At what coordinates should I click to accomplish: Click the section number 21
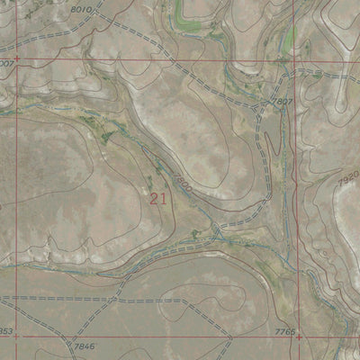tap(159, 198)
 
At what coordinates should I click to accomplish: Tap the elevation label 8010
tap(80, 9)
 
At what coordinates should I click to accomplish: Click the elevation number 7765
tap(284, 332)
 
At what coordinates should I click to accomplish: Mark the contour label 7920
tap(349, 181)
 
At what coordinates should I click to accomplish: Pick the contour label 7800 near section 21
tap(182, 188)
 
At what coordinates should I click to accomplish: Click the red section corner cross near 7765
tap(298, 337)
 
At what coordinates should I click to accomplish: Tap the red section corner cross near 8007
tap(16, 59)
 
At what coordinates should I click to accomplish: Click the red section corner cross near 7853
tap(16, 337)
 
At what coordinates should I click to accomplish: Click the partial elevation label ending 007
tap(7, 65)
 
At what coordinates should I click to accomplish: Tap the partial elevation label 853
tap(6, 331)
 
